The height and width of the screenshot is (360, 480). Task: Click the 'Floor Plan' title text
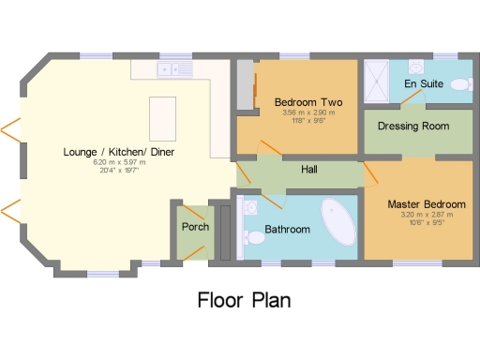point(243,301)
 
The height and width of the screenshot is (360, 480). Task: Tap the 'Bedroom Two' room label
point(307,101)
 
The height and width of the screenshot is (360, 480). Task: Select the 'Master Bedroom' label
point(427,203)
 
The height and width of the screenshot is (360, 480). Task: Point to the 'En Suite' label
point(423,83)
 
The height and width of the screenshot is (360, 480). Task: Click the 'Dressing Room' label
point(412,126)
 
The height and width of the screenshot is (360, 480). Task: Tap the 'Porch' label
point(195,227)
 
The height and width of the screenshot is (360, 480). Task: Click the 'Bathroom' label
point(287,229)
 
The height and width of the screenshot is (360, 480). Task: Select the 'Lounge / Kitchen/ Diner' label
point(119,151)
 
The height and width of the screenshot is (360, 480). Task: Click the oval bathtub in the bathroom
point(337,221)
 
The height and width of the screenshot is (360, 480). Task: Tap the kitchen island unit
point(162,115)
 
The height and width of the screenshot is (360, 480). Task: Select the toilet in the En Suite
point(460,84)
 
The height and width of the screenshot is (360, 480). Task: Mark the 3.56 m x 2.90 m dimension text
point(307,112)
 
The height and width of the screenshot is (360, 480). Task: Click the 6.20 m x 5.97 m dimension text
point(119,162)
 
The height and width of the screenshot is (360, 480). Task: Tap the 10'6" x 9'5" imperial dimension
point(427,223)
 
